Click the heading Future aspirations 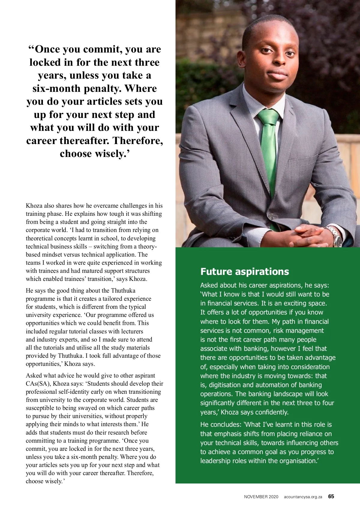(244, 272)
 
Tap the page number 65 (331, 496)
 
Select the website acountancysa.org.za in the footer (303, 497)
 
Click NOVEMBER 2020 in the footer (261, 497)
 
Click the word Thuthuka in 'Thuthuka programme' (123, 291)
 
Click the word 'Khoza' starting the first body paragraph (34, 206)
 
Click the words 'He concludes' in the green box (220, 424)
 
